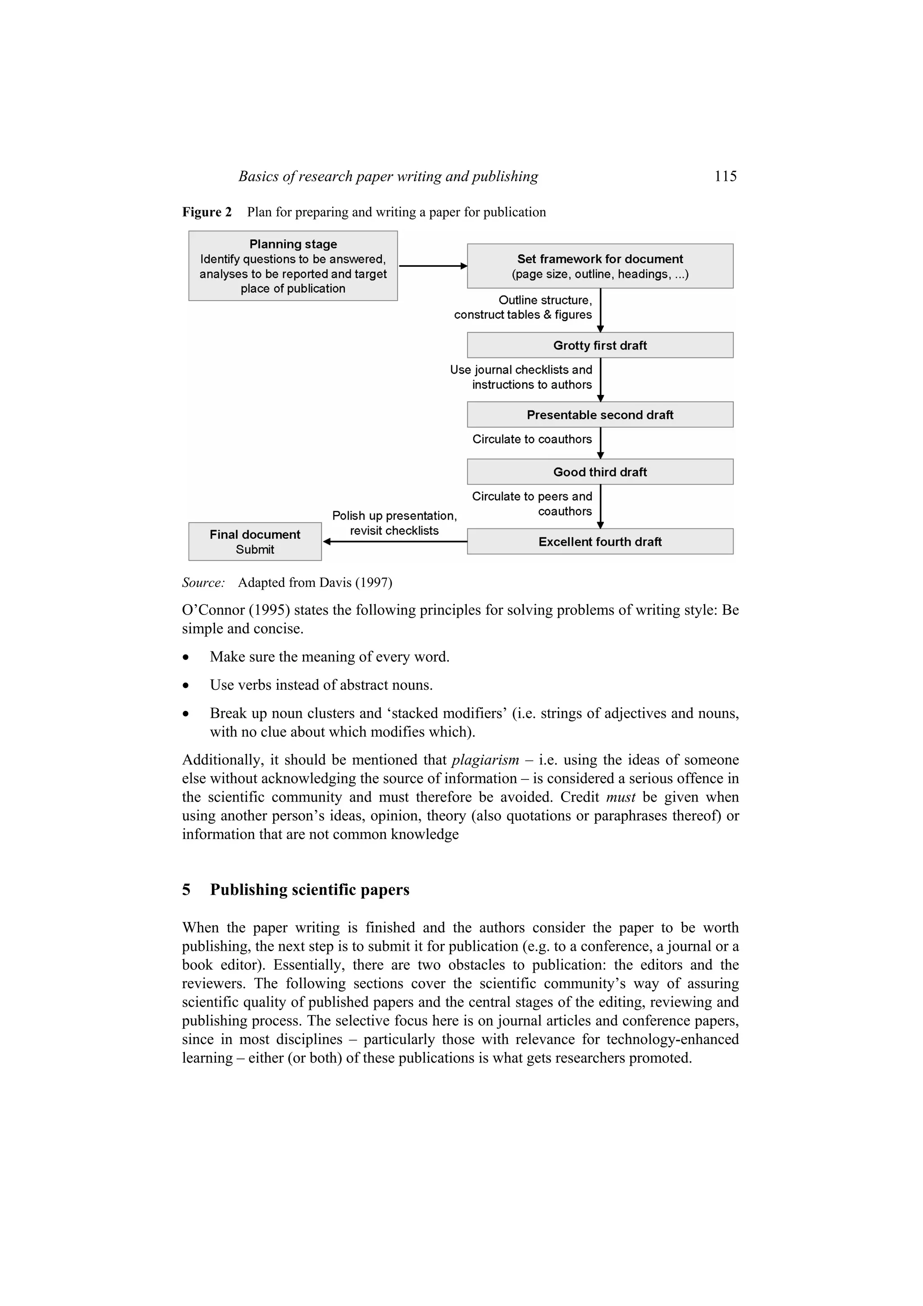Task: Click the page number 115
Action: tap(725, 176)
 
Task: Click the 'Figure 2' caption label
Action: tap(206, 212)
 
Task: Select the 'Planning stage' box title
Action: tap(293, 244)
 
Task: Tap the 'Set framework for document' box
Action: tap(600, 266)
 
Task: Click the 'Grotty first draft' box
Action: tap(600, 345)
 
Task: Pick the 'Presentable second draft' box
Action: tap(600, 415)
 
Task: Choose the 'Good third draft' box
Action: tap(600, 472)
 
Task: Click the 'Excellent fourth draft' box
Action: tap(600, 541)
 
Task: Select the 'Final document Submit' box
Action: tap(255, 541)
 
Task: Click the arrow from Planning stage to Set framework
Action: tap(432, 266)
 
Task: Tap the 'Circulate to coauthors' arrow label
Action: tap(532, 439)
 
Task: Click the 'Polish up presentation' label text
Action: tap(394, 516)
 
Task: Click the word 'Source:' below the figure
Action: tap(203, 582)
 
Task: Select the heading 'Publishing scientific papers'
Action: tap(309, 889)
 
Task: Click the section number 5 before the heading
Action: tap(186, 889)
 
